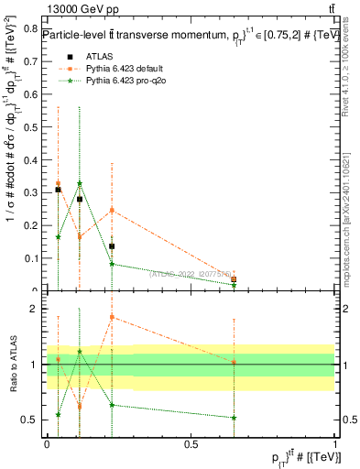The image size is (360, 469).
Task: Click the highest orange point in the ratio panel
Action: pyautogui.click(x=112, y=317)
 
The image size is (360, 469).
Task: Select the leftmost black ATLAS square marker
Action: pyautogui.click(x=58, y=190)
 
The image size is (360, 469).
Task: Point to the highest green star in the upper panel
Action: pyautogui.click(x=80, y=183)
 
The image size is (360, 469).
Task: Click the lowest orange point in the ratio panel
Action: pyautogui.click(x=80, y=406)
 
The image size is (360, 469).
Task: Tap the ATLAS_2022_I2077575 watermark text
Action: pyautogui.click(x=190, y=271)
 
